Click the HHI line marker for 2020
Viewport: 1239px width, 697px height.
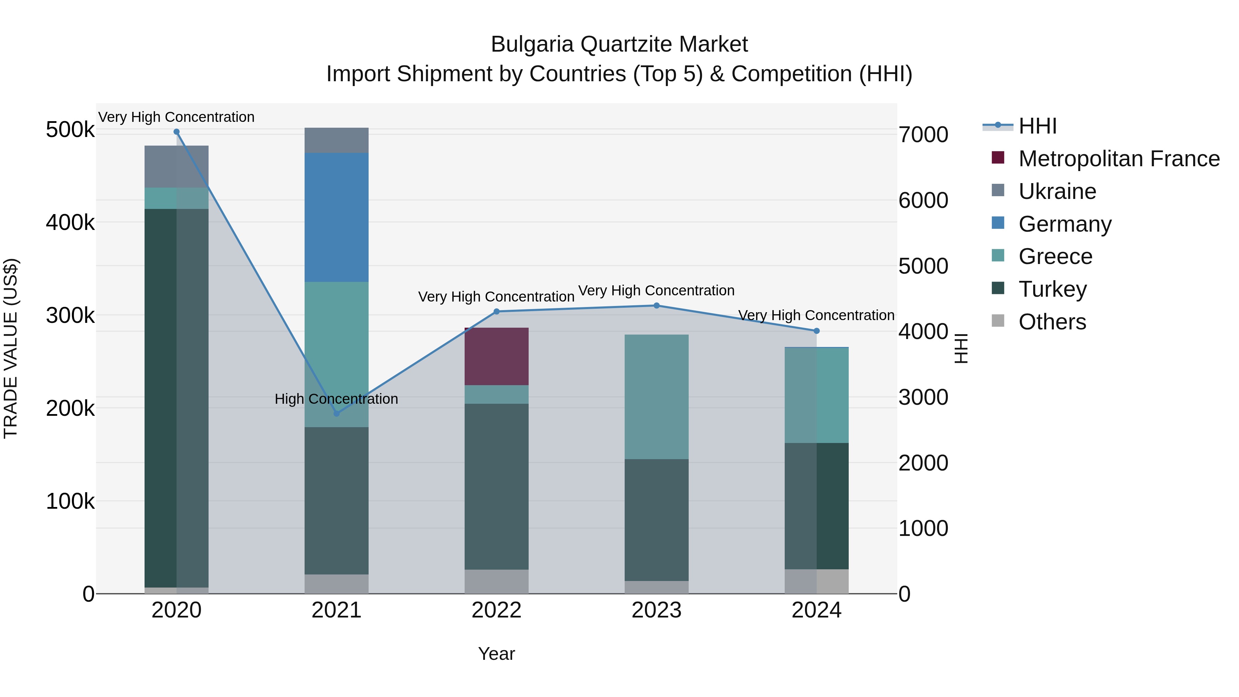pos(177,132)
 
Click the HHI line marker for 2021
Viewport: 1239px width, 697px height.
pos(337,414)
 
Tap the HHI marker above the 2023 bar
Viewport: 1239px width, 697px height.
pos(657,305)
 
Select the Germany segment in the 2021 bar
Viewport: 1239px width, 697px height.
pos(337,218)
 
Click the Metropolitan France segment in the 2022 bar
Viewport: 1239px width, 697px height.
pos(496,357)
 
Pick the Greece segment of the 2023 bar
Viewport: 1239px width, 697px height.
pos(657,397)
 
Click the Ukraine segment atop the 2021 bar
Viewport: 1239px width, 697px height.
pos(337,140)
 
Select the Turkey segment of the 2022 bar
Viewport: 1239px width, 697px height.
pos(496,487)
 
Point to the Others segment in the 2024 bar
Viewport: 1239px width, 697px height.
pos(817,582)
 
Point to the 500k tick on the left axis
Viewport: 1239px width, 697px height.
pos(70,130)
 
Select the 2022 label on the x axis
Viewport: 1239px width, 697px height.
pos(496,610)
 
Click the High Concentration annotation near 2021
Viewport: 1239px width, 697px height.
pos(336,399)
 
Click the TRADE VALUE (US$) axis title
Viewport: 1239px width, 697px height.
pos(11,348)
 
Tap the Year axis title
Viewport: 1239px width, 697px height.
pos(496,654)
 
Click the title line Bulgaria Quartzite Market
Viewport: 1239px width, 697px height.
pos(619,44)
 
